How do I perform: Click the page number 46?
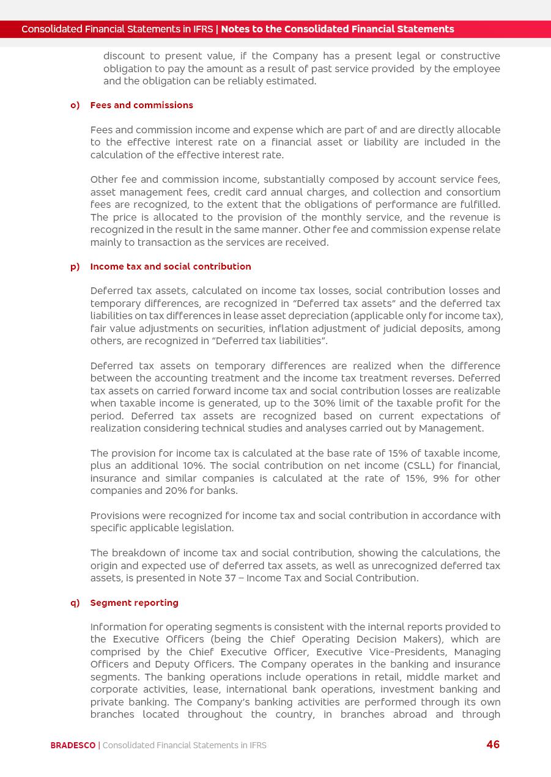tap(493, 745)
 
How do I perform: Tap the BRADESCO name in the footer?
tap(73, 745)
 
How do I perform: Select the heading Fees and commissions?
tap(141, 105)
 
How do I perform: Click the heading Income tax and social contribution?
tap(171, 267)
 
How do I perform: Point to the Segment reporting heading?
tap(134, 603)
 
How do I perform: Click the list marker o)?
tap(75, 105)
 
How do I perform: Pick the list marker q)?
tap(75, 603)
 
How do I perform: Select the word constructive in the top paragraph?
tap(470, 56)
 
